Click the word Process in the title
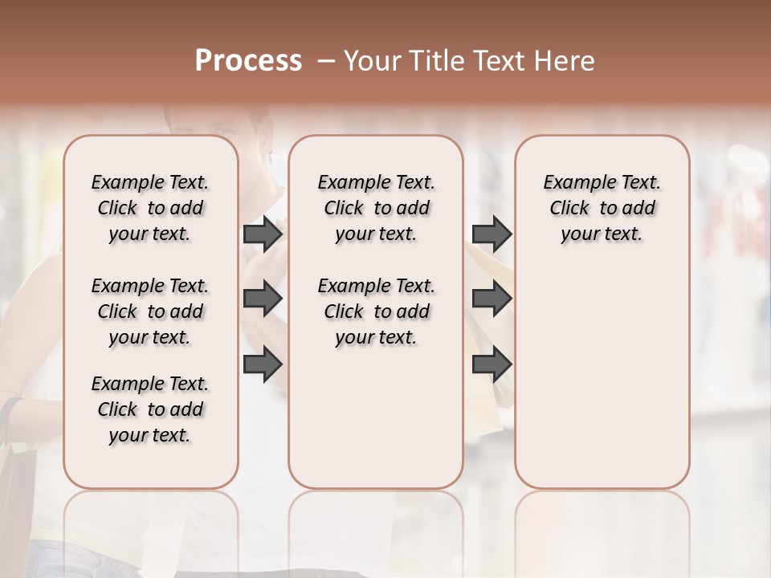click(248, 61)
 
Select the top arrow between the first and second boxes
click(263, 234)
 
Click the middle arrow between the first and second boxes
click(263, 299)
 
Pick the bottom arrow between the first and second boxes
click(263, 364)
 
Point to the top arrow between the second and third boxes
click(492, 234)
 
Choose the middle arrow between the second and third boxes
click(492, 299)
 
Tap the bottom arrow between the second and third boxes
click(492, 364)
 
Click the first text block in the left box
click(150, 208)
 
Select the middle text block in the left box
click(150, 311)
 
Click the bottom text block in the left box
click(150, 409)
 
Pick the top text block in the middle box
click(376, 208)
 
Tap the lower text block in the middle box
click(376, 311)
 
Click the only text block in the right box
click(602, 208)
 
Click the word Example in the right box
click(573, 183)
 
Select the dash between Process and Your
click(326, 61)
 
